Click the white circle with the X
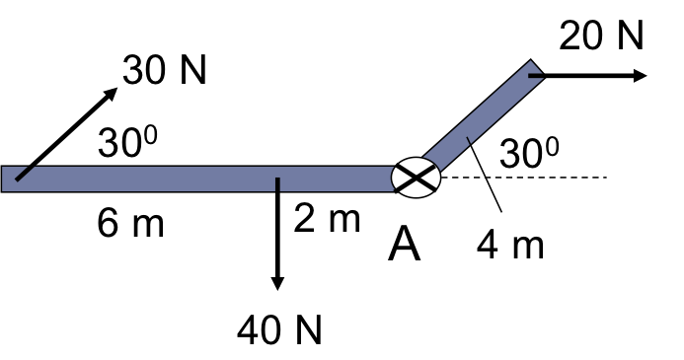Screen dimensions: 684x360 pos(416,178)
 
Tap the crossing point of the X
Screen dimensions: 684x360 pos(416,178)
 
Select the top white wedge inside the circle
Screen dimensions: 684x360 pos(416,166)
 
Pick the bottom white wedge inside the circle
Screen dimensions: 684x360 pos(416,189)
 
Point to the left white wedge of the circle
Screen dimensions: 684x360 pos(400,178)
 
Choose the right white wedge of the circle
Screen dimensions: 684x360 pos(432,178)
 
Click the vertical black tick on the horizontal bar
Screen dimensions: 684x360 pos(277,184)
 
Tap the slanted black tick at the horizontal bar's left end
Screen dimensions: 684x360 pos(24,174)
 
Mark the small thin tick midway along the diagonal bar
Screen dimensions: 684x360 pos(469,141)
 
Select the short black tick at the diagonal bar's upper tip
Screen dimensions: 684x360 pos(535,75)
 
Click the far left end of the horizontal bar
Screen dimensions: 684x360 pos(4,179)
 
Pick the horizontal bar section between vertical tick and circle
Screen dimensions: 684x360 pos(336,179)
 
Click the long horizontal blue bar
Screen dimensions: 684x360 pos(197,179)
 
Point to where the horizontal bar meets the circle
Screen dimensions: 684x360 pos(393,179)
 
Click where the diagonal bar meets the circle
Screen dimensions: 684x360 pos(431,164)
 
